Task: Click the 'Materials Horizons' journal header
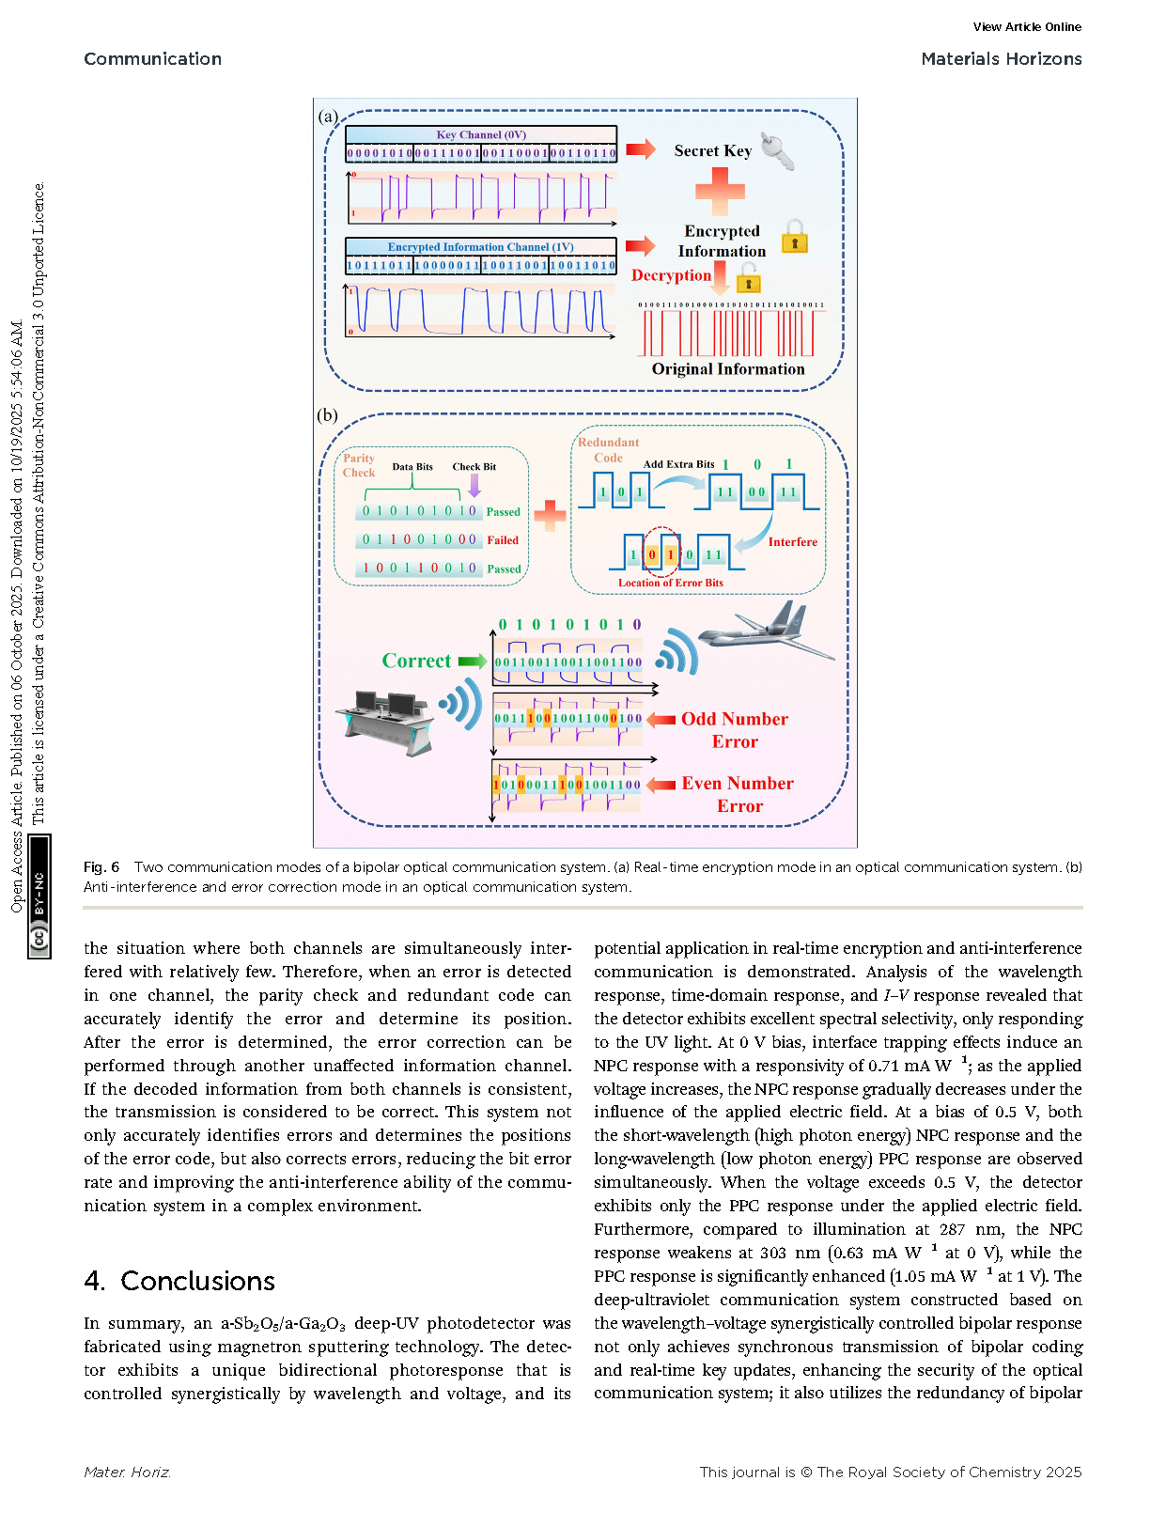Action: point(1001,59)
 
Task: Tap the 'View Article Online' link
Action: point(1027,27)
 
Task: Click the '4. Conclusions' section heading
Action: point(179,1281)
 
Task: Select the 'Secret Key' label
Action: point(712,151)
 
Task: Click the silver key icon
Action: point(777,150)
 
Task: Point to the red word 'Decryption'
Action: point(671,275)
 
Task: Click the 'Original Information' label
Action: point(728,369)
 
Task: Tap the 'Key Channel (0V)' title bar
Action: point(481,134)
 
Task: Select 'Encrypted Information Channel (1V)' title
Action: point(481,247)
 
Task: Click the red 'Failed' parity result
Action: point(503,540)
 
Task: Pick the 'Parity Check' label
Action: point(359,465)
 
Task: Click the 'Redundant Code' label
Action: point(608,449)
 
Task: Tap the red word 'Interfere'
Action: point(792,542)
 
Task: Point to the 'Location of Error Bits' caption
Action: point(671,583)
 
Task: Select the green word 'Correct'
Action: point(416,661)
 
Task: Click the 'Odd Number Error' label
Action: point(735,730)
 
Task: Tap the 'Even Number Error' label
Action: point(738,794)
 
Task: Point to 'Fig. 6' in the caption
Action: point(101,867)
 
